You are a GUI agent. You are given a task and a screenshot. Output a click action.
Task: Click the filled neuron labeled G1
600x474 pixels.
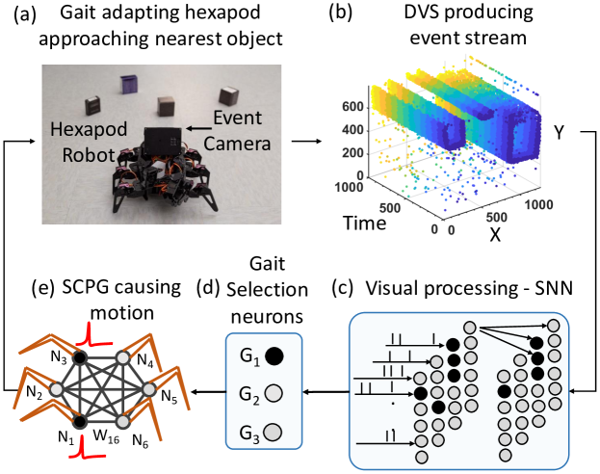[x=274, y=356]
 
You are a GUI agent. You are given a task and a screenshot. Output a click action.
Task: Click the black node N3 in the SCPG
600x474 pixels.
[x=80, y=356]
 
